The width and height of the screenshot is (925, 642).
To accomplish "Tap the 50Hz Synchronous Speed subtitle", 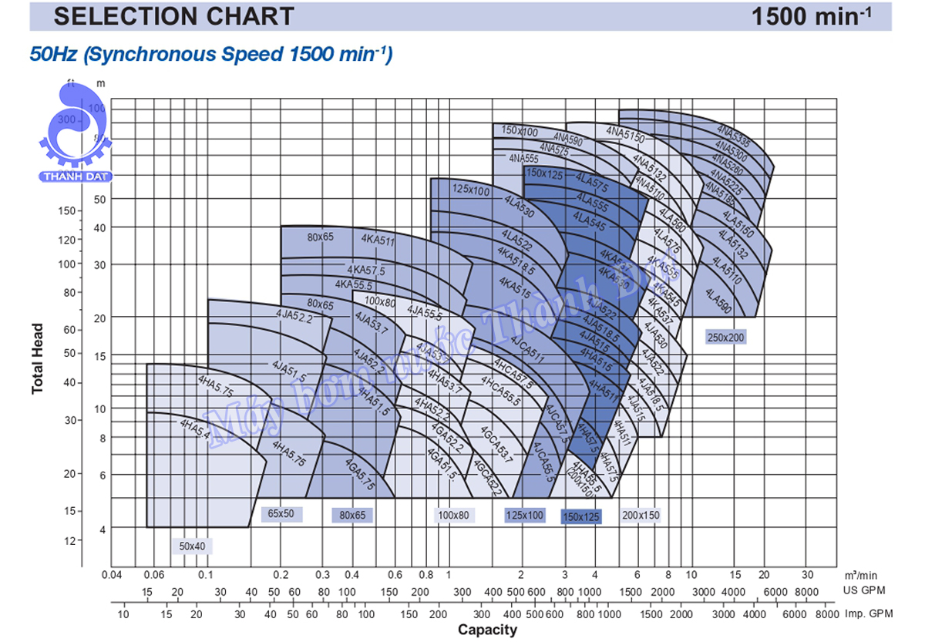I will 210,55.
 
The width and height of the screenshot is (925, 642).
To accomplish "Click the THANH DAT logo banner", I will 76,176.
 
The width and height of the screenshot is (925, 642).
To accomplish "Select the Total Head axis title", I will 38,358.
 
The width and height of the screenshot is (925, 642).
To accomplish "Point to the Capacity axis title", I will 488,630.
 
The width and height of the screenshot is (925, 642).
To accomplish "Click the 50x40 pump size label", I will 192,546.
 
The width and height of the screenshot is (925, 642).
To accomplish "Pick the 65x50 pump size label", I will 281,513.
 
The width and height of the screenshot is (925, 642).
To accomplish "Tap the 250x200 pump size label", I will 726,337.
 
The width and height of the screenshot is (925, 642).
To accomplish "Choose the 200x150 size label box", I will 641,515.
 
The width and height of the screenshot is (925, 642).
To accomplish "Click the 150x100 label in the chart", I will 520,132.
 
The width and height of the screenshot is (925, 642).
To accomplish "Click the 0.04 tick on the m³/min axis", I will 112,575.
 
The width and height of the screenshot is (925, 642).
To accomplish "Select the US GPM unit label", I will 863,590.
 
